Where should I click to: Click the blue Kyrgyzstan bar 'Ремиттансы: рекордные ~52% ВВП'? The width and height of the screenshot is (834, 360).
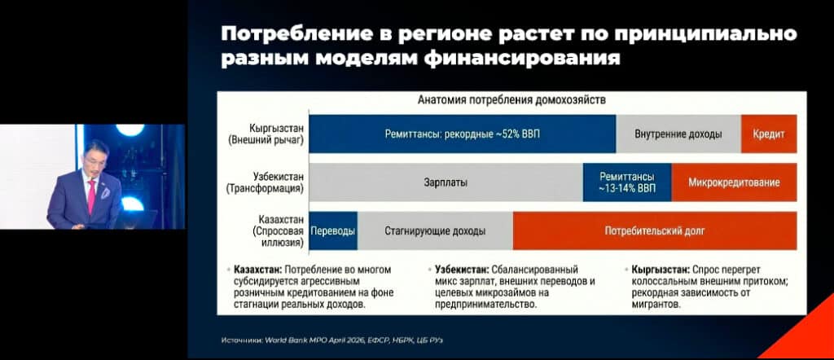pyautogui.click(x=463, y=134)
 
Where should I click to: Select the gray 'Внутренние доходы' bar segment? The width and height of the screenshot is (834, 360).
pyautogui.click(x=678, y=134)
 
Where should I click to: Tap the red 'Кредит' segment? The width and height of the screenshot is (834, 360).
pyautogui.click(x=769, y=134)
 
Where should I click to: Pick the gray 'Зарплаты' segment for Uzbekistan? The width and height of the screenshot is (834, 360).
pyautogui.click(x=446, y=182)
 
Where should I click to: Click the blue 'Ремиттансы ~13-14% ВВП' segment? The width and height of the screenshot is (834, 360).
pyautogui.click(x=627, y=182)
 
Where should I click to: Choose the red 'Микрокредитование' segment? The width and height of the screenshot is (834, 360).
pyautogui.click(x=734, y=182)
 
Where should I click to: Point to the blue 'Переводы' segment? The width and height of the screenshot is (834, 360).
pyautogui.click(x=333, y=230)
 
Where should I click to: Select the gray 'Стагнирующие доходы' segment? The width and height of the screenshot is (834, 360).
pyautogui.click(x=435, y=230)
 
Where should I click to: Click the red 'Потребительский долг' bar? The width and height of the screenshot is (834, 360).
pyautogui.click(x=655, y=230)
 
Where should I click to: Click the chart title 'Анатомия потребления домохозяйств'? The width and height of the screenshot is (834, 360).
pyautogui.click(x=511, y=100)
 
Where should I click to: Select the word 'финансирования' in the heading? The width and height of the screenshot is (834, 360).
pyautogui.click(x=522, y=58)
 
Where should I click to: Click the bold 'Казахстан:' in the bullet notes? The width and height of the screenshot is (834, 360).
pyautogui.click(x=253, y=270)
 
